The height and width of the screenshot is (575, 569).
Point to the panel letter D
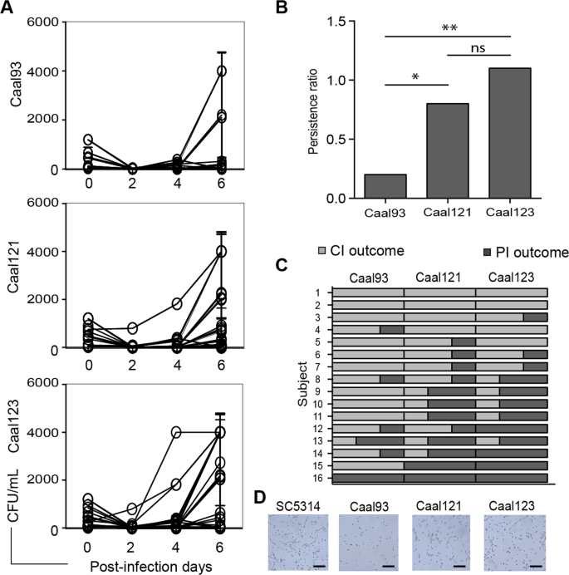[x=259, y=498]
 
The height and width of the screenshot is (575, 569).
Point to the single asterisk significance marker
[x=414, y=76]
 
